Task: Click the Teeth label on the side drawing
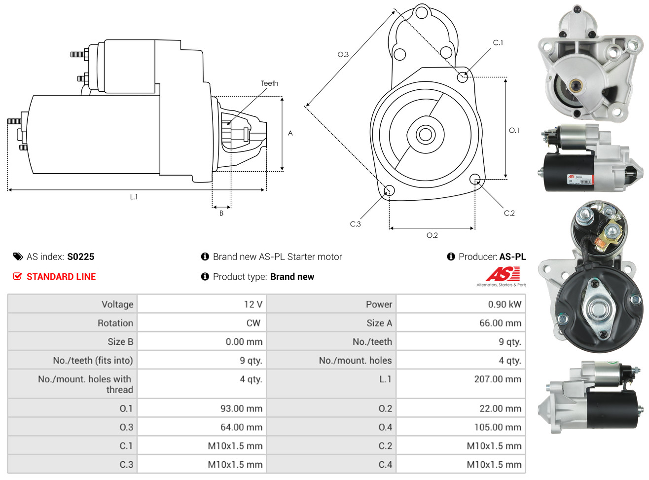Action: (269, 83)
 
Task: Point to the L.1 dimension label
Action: (134, 197)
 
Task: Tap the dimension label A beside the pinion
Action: (290, 133)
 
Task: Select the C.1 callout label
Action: (498, 43)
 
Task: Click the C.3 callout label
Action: (355, 224)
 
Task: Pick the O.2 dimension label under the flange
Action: (432, 235)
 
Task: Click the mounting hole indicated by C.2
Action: (474, 179)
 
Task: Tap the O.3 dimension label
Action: (343, 54)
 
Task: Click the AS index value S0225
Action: (80, 257)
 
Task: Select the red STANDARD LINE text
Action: (61, 277)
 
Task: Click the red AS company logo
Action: (503, 274)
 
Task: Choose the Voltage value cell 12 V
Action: (253, 304)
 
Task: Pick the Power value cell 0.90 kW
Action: (505, 304)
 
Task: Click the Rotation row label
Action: (115, 323)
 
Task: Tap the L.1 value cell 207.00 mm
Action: (498, 379)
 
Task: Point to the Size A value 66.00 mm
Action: (500, 323)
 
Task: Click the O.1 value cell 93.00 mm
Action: (241, 408)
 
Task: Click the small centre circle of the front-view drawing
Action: (425, 134)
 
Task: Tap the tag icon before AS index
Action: (18, 257)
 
